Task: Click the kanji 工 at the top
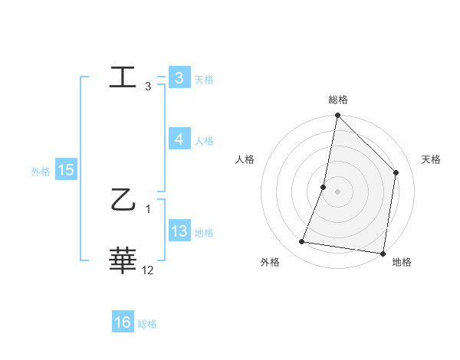[123, 78]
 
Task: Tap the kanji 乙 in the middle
[123, 203]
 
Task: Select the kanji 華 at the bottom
[123, 260]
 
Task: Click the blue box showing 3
[179, 78]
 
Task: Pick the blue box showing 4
[179, 139]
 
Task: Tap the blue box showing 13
[179, 231]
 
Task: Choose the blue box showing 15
[66, 170]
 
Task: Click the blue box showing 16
[123, 322]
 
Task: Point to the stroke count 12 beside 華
[148, 270]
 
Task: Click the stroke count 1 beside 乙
[148, 209]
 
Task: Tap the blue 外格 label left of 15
[41, 172]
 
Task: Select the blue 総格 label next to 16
[147, 324]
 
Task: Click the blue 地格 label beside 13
[204, 233]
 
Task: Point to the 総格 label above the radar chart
[338, 100]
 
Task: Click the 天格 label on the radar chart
[432, 159]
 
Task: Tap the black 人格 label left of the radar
[245, 159]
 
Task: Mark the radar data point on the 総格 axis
[337, 116]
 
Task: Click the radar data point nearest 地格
[383, 253]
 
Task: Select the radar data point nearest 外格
[302, 242]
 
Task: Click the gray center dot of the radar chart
[337, 191]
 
